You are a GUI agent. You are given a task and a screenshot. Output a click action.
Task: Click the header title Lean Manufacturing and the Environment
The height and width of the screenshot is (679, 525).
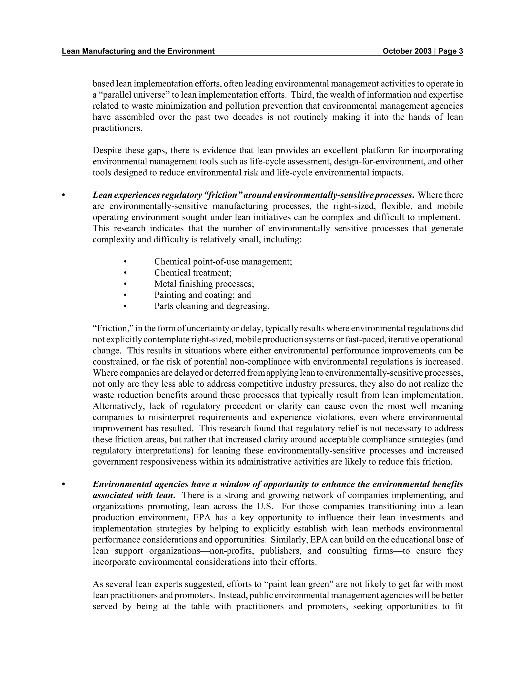pyautogui.click(x=138, y=51)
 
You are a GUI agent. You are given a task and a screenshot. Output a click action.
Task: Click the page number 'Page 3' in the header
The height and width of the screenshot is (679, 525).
pyautogui.click(x=450, y=51)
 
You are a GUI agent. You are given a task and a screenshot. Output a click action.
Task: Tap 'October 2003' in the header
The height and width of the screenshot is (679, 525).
pyautogui.click(x=407, y=51)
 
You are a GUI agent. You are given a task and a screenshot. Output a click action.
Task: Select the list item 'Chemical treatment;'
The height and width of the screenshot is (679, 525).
pyautogui.click(x=193, y=273)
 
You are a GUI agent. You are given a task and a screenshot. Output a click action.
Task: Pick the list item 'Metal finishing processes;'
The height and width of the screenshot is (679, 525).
pyautogui.click(x=204, y=284)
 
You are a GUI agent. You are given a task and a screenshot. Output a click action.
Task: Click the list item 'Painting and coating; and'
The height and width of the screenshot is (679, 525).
pyautogui.click(x=203, y=295)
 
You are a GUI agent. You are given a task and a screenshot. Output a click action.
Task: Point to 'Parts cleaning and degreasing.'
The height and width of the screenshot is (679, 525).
pyautogui.click(x=211, y=306)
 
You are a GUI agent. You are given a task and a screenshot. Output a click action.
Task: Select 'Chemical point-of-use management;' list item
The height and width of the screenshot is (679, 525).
pyautogui.click(x=223, y=261)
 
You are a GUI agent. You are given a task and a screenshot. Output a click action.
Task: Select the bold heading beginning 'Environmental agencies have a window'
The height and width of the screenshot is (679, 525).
pyautogui.click(x=277, y=484)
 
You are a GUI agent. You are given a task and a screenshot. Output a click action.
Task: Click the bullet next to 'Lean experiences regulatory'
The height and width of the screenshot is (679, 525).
pyautogui.click(x=64, y=196)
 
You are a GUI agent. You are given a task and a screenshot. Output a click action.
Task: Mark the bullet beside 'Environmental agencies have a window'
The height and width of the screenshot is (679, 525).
pyautogui.click(x=64, y=484)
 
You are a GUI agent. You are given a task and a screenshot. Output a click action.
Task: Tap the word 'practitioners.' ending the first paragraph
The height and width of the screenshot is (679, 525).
pyautogui.click(x=117, y=128)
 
